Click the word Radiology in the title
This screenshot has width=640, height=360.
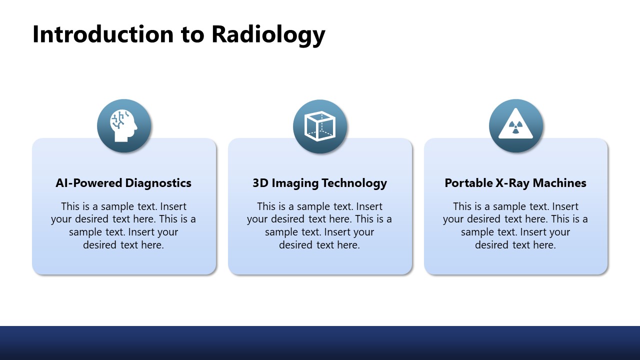pyautogui.click(x=268, y=34)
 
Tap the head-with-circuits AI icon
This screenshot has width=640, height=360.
pyautogui.click(x=124, y=125)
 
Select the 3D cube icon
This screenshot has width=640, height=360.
pyautogui.click(x=320, y=125)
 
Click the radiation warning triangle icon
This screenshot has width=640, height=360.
pyautogui.click(x=515, y=125)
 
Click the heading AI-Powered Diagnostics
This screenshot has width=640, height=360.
pyautogui.click(x=123, y=183)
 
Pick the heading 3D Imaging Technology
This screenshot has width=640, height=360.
pyautogui.click(x=319, y=183)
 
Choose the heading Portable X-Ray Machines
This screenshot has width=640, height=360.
pyautogui.click(x=515, y=183)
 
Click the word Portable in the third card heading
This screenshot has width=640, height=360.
pyautogui.click(x=468, y=183)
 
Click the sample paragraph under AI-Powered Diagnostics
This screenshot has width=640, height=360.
pyautogui.click(x=123, y=225)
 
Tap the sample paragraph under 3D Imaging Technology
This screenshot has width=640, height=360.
pyautogui.click(x=319, y=225)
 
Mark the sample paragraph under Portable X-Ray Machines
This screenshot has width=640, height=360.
pyautogui.click(x=515, y=225)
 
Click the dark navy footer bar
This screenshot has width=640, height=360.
pyautogui.click(x=320, y=343)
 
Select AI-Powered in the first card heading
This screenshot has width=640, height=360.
pyautogui.click(x=89, y=183)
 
